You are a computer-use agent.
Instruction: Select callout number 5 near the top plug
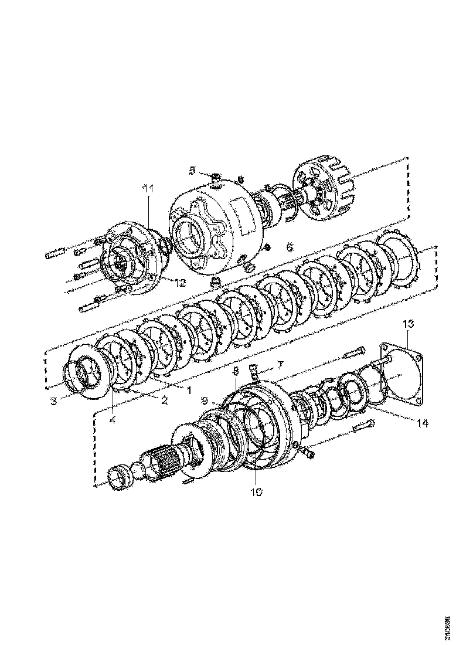point(192,171)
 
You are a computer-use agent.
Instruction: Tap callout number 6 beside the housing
point(289,247)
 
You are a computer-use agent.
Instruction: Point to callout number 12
point(179,283)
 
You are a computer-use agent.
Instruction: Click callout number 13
point(409,324)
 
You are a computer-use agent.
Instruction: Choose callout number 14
point(421,422)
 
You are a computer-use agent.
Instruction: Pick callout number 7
point(280,365)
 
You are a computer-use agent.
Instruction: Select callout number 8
point(236,371)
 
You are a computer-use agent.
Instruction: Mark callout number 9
point(205,400)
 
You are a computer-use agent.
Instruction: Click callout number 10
point(257,491)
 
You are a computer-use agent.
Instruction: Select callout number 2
point(165,401)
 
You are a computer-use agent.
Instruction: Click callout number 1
point(188,389)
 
